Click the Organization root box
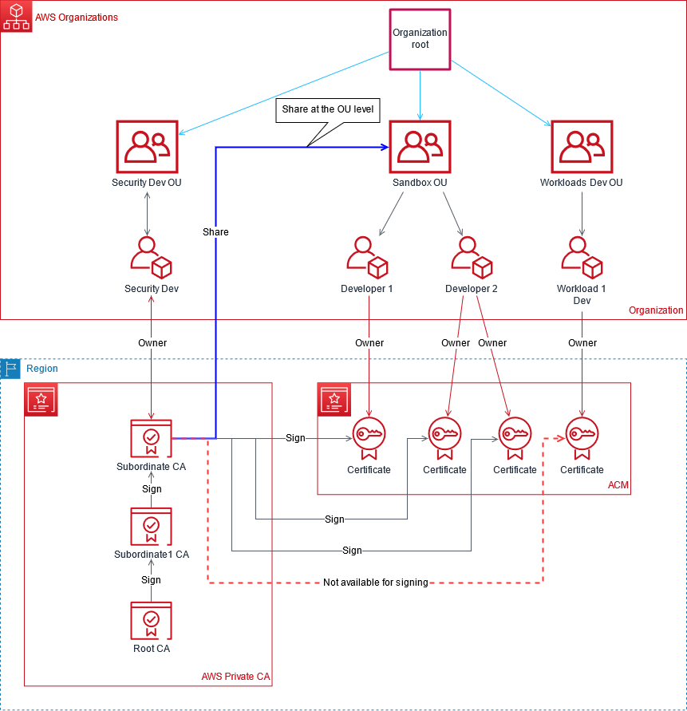[420, 39]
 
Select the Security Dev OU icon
[147, 148]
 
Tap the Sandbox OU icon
[420, 148]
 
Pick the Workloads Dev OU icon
[582, 148]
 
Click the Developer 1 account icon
[367, 255]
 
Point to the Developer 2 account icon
[471, 255]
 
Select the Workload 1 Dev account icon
[582, 255]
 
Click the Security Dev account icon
[152, 255]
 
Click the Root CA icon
[151, 621]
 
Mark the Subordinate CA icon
[151, 438]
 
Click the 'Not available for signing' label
[375, 583]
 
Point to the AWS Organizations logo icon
[16, 17]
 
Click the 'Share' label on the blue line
[215, 232]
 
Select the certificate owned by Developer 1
[369, 438]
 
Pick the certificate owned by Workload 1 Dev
[582, 438]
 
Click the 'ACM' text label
[618, 485]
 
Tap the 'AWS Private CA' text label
[236, 677]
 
